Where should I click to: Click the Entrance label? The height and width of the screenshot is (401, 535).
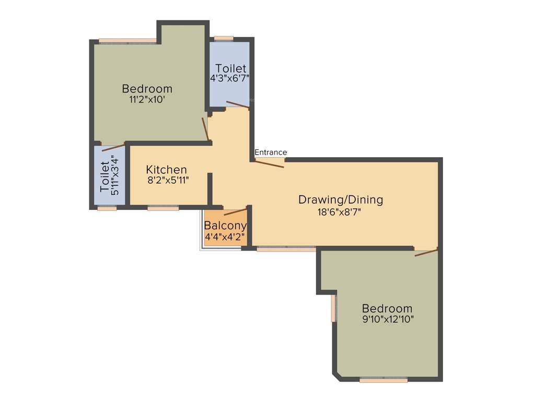271,152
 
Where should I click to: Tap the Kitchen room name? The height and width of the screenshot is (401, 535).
166,170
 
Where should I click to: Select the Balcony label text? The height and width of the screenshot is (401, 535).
225,226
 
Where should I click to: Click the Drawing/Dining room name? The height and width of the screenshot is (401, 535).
341,199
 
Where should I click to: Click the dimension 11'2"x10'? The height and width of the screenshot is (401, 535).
147,100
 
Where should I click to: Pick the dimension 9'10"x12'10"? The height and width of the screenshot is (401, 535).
387,319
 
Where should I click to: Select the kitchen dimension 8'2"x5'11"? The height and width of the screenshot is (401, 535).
167,181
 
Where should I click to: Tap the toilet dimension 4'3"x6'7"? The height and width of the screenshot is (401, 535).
229,78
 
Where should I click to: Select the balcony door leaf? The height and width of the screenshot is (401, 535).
235,211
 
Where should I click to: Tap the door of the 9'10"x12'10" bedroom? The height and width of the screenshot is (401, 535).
426,253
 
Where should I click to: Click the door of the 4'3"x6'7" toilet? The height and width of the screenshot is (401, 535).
237,105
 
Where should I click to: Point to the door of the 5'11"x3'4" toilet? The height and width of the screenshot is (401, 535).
113,147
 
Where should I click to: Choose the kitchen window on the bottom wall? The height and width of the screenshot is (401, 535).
163,208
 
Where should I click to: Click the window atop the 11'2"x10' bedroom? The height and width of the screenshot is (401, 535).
128,41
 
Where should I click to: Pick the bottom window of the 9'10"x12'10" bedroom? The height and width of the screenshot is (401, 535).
383,380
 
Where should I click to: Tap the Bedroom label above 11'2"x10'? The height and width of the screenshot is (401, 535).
147,88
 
